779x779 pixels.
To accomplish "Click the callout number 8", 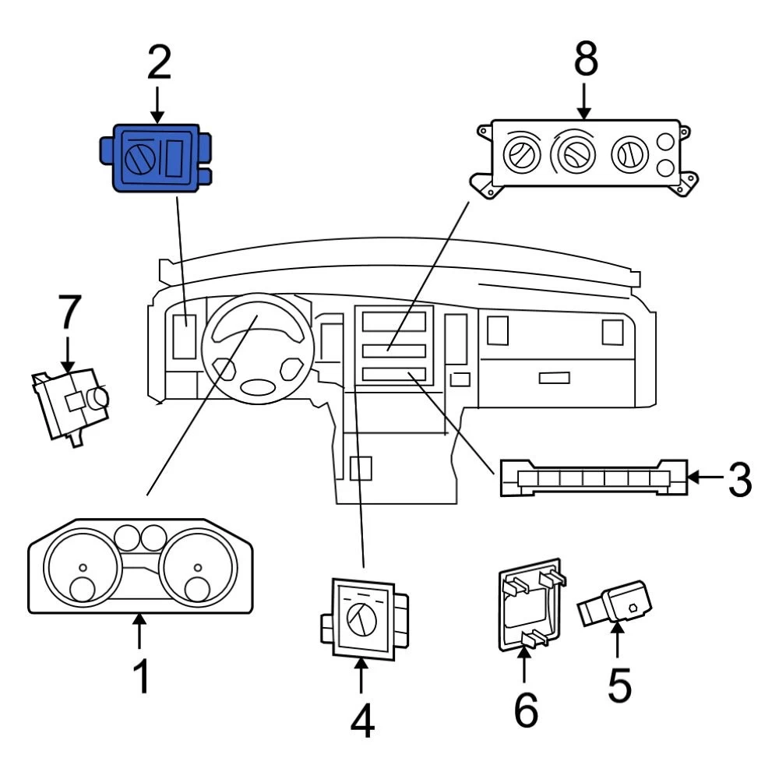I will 585,60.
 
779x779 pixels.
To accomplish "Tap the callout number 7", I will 69,313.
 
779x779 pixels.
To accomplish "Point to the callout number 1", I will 140,676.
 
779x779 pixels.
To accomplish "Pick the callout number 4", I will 361,721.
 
